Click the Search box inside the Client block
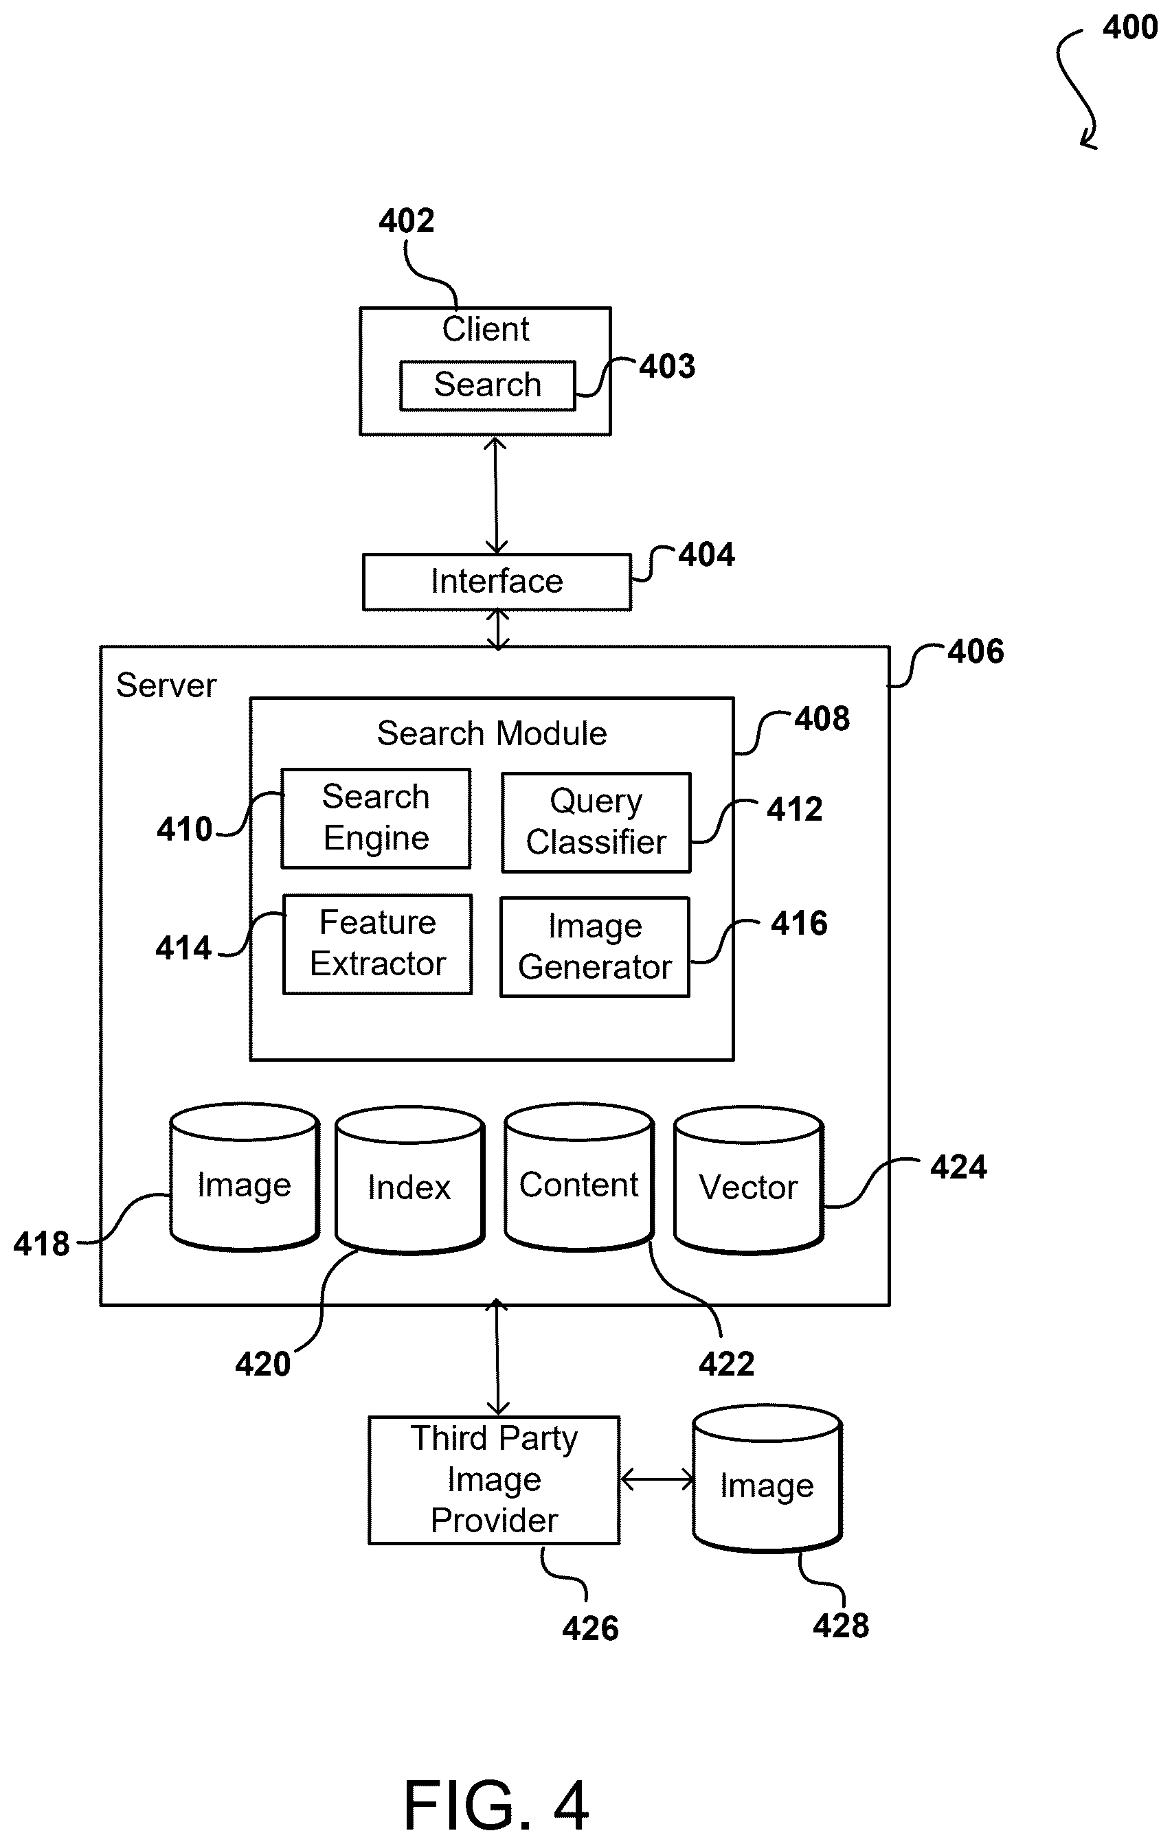click(x=487, y=385)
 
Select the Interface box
click(x=497, y=582)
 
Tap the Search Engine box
click(x=376, y=818)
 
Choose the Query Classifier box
click(x=596, y=823)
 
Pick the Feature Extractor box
click(x=378, y=944)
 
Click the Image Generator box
click(x=595, y=947)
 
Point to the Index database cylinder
click(x=410, y=1180)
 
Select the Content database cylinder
click(x=579, y=1178)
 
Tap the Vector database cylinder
click(x=748, y=1180)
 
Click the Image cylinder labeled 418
click(x=245, y=1178)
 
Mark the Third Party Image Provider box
click(x=494, y=1479)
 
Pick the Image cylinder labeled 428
click(x=767, y=1478)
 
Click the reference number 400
click(x=1130, y=27)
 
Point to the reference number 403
click(x=667, y=366)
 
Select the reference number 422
click(x=726, y=1364)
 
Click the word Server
click(x=166, y=685)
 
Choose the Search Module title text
click(x=492, y=733)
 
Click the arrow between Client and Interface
click(x=497, y=495)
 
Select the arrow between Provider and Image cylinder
click(x=657, y=1479)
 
